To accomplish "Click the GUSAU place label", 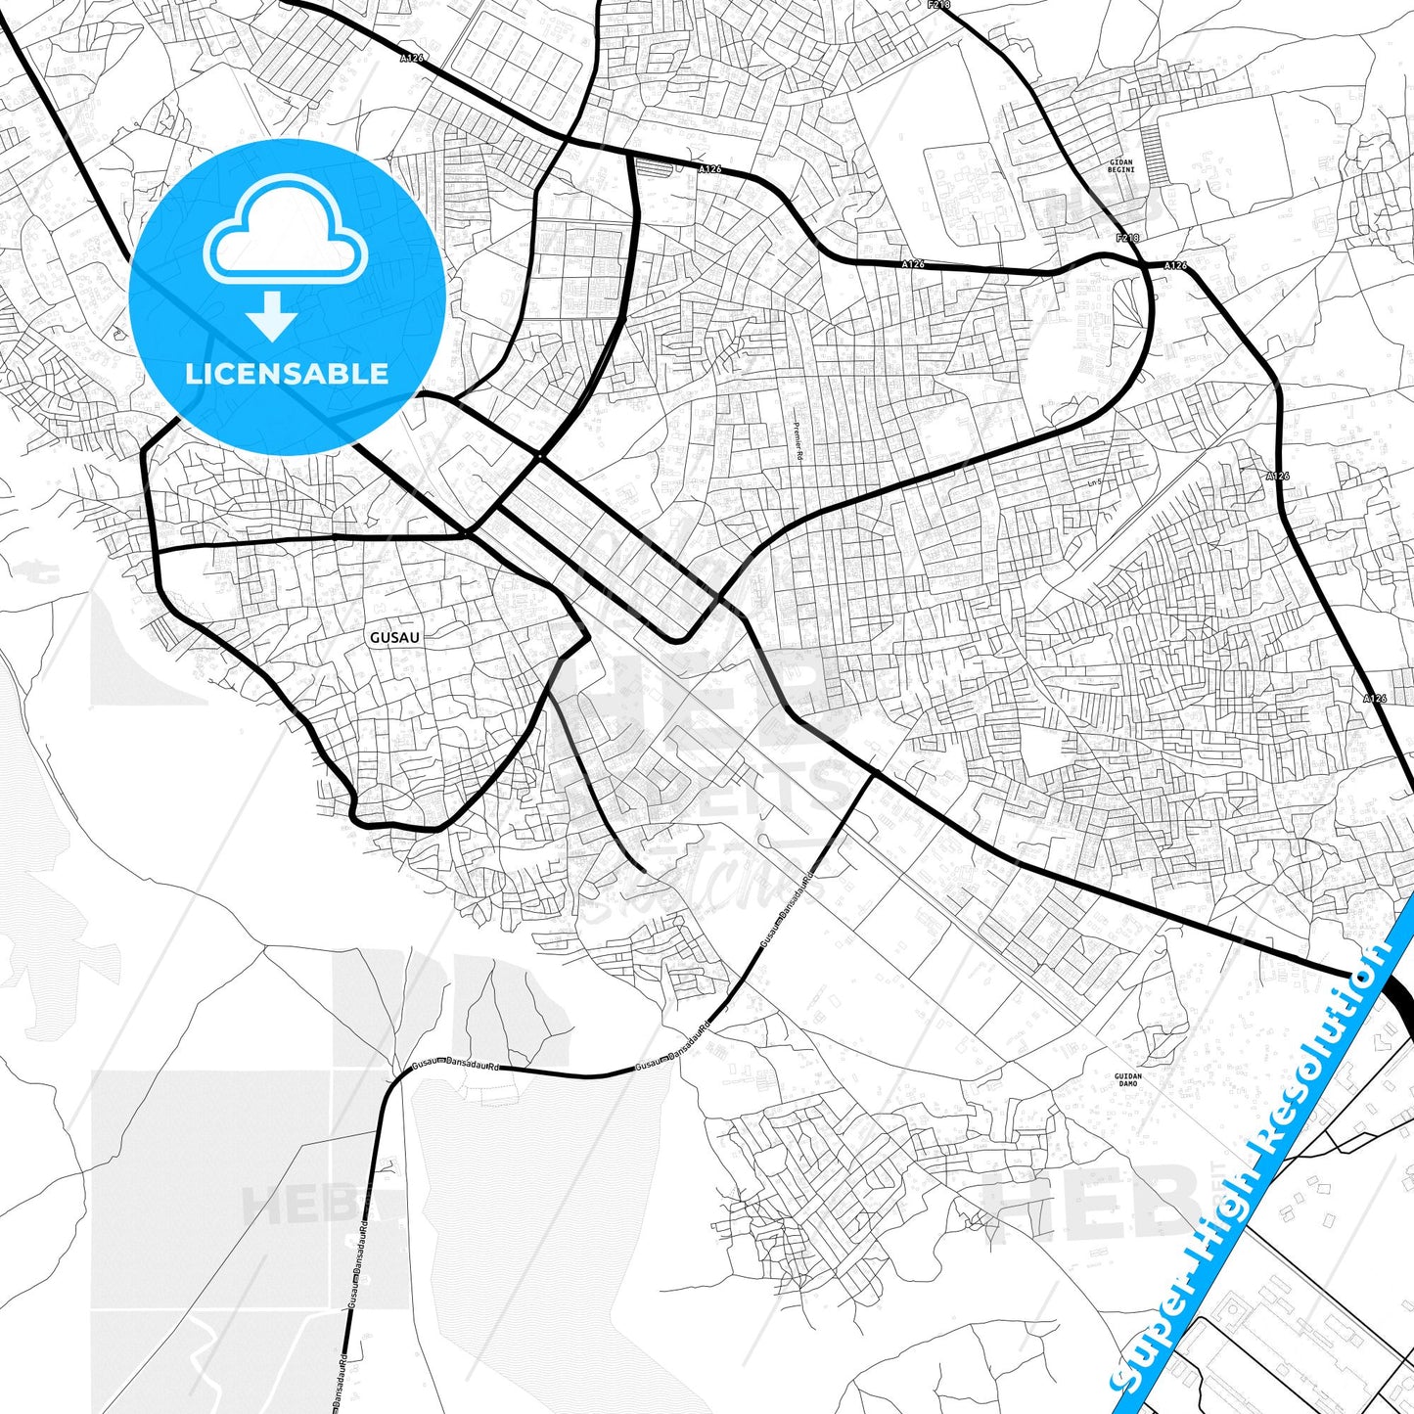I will click(x=394, y=637).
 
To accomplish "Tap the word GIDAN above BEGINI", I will click(x=1121, y=160).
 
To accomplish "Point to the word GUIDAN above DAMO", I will click(x=1127, y=1076).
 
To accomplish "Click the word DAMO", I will click(x=1127, y=1085).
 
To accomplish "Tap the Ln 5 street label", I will click(x=1095, y=482).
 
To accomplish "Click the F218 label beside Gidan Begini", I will click(x=1127, y=239).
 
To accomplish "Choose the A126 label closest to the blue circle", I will click(x=412, y=59).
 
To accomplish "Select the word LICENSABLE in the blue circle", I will click(x=287, y=374).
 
